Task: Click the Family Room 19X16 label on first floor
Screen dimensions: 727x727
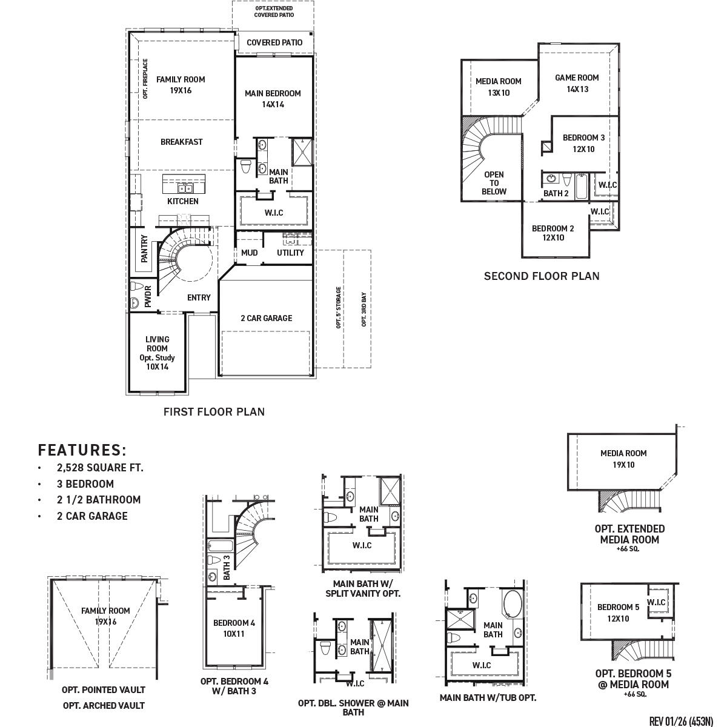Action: (181, 85)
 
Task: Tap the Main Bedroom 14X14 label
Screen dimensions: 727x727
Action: (273, 99)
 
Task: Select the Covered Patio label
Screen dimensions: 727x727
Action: (274, 43)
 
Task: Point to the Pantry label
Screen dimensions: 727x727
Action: (145, 248)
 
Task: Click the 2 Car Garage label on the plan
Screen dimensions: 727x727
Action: (266, 318)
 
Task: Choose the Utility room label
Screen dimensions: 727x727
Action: (290, 253)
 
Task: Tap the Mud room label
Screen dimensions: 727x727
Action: (250, 253)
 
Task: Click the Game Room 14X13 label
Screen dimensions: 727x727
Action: (577, 83)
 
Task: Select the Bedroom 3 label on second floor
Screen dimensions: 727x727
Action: (583, 143)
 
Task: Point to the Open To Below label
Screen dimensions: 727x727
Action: (494, 183)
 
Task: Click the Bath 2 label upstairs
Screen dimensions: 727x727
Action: (556, 194)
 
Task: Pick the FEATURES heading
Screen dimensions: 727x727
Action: (82, 450)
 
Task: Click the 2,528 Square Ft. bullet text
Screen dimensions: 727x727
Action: (100, 468)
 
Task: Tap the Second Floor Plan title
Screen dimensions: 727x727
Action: (542, 276)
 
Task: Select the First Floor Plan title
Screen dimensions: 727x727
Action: (214, 412)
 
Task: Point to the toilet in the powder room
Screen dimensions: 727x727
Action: (136, 287)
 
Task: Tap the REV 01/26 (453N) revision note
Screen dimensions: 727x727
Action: (681, 721)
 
